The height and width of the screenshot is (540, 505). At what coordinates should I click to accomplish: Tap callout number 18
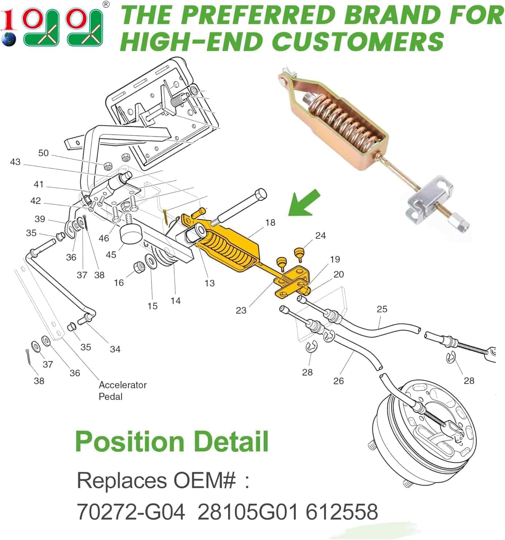point(270,223)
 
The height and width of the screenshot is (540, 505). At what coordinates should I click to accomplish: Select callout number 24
point(320,235)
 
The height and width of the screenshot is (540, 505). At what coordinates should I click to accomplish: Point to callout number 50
point(43,153)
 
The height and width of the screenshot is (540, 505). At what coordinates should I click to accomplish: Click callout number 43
point(15,162)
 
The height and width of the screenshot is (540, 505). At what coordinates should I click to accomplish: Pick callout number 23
point(241,310)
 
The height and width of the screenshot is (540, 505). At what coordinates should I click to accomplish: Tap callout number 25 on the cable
point(382,309)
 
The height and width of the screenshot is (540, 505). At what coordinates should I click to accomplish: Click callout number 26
point(338,381)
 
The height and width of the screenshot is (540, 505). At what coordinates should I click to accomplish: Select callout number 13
point(210,283)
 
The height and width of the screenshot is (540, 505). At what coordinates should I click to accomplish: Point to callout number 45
point(111,255)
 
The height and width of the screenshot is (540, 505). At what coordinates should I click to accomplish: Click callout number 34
point(115,349)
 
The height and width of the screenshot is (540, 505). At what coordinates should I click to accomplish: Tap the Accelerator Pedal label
point(123,391)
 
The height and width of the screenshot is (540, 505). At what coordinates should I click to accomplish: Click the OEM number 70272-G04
point(131,512)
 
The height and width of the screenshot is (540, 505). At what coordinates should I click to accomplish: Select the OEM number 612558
point(342,512)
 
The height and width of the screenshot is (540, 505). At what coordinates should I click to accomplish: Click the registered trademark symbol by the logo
point(106,5)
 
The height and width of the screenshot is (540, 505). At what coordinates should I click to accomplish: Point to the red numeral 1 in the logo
point(8,20)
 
